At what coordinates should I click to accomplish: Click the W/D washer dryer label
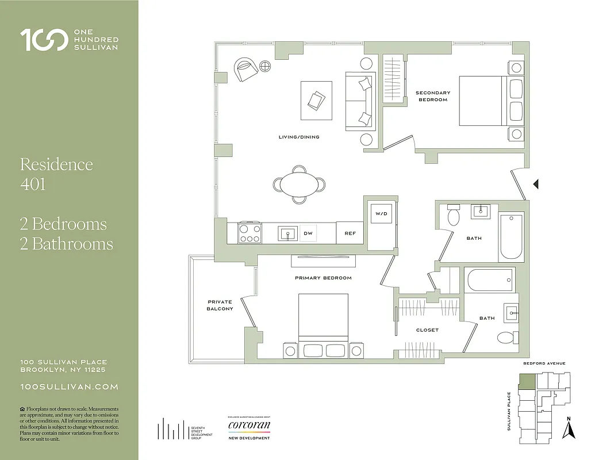pyautogui.click(x=382, y=213)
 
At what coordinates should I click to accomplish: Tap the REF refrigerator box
pyautogui.click(x=350, y=233)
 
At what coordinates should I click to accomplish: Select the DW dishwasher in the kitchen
pyautogui.click(x=308, y=233)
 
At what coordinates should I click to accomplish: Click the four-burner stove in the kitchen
pyautogui.click(x=250, y=233)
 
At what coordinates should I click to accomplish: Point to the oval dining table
pyautogui.click(x=298, y=185)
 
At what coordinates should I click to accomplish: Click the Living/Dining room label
pyautogui.click(x=298, y=137)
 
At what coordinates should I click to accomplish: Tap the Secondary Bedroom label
pyautogui.click(x=432, y=96)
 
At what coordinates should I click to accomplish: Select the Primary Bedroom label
pyautogui.click(x=323, y=278)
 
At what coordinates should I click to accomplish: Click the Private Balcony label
pyautogui.click(x=220, y=305)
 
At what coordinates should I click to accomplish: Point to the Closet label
pyautogui.click(x=427, y=330)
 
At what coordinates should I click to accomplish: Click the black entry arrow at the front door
pyautogui.click(x=535, y=184)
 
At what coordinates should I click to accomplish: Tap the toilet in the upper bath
pyautogui.click(x=453, y=217)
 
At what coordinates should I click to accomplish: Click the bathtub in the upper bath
pyautogui.click(x=511, y=236)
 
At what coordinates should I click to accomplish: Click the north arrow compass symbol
pyautogui.click(x=569, y=428)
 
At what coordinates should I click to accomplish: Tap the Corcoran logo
pyautogui.click(x=248, y=426)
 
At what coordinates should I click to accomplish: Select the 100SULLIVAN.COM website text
pyautogui.click(x=69, y=388)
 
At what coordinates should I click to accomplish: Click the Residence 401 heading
pyautogui.click(x=56, y=174)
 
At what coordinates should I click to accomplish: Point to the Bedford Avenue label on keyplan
pyautogui.click(x=544, y=363)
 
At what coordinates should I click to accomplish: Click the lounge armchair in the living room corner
pyautogui.click(x=246, y=70)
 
